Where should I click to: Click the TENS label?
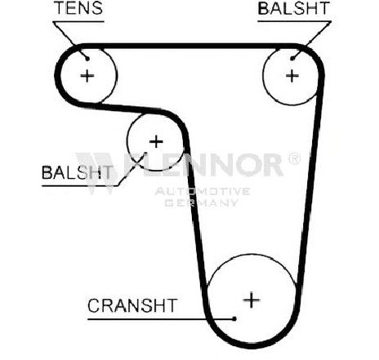point(78,7)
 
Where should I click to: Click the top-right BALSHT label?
point(293,8)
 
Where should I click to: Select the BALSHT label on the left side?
point(77,172)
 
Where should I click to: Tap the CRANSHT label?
point(132,305)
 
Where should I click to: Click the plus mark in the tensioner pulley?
point(87,75)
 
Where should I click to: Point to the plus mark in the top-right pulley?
point(292,76)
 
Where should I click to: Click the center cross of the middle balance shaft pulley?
point(156,141)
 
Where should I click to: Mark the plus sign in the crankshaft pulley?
point(252,300)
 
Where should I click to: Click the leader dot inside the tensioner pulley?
point(87,58)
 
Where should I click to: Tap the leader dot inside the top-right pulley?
point(292,58)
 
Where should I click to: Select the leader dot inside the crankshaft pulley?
point(234,318)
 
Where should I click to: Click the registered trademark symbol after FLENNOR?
point(294,158)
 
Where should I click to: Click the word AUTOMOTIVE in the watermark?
point(203,191)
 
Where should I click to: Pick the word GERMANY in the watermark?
point(202,202)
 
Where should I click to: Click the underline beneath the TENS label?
point(78,21)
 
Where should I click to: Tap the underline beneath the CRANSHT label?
point(161,319)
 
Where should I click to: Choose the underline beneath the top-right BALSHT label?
point(294,21)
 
